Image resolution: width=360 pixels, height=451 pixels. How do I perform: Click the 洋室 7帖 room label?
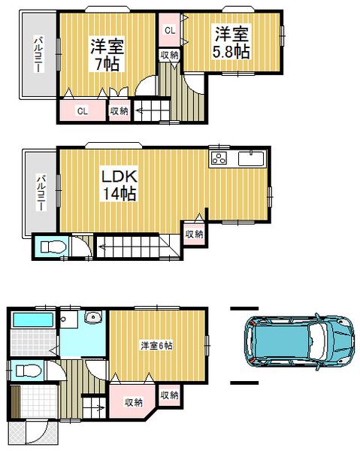click(x=107, y=55)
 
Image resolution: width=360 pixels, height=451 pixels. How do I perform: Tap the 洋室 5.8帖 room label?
click(x=231, y=44)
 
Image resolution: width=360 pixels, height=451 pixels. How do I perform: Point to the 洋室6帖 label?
click(x=156, y=345)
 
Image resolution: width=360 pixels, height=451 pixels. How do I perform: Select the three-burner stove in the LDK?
click(x=219, y=159)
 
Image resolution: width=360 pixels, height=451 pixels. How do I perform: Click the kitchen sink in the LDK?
click(x=250, y=159)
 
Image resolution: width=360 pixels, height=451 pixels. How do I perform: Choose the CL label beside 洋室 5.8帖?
click(x=170, y=31)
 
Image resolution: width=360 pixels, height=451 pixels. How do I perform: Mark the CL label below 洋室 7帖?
click(x=81, y=111)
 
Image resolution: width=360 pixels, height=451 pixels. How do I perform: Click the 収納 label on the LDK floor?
click(x=194, y=234)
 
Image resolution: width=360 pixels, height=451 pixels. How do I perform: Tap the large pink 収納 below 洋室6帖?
click(x=133, y=402)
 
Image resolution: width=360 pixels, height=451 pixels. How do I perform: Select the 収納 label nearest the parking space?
click(x=169, y=395)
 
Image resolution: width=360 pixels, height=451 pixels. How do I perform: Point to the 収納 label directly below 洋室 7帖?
click(x=119, y=111)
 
